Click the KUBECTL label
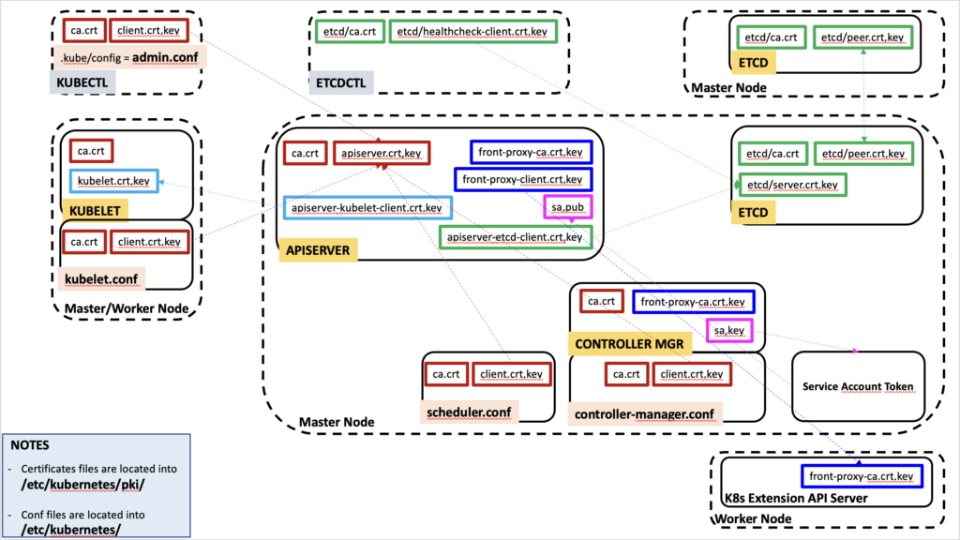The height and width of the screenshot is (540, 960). (x=82, y=82)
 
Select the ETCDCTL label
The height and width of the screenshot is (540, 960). (x=340, y=82)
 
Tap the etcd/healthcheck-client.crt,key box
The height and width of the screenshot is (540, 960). (x=472, y=31)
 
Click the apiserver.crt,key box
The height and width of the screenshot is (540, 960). (x=382, y=153)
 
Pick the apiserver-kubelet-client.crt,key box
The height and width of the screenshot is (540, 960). (x=367, y=208)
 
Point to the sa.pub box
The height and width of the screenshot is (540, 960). (x=567, y=207)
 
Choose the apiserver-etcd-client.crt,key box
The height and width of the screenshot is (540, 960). (x=515, y=237)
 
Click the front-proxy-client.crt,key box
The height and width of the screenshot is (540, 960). (x=523, y=179)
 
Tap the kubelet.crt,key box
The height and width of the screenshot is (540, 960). (x=113, y=181)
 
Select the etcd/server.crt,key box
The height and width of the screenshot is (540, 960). (x=792, y=185)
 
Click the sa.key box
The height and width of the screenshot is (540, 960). (x=729, y=331)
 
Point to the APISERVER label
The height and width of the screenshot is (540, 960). (x=318, y=250)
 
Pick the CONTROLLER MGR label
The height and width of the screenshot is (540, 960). (x=629, y=344)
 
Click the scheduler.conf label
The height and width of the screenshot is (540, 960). (x=469, y=412)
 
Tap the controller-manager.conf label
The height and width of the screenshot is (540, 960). (x=645, y=414)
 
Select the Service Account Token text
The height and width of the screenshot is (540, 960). (x=858, y=387)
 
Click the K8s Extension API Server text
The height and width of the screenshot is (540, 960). (x=796, y=499)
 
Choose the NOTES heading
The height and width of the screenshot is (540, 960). (x=29, y=445)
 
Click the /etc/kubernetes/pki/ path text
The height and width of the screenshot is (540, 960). (x=82, y=485)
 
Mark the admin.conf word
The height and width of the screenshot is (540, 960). (x=165, y=57)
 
